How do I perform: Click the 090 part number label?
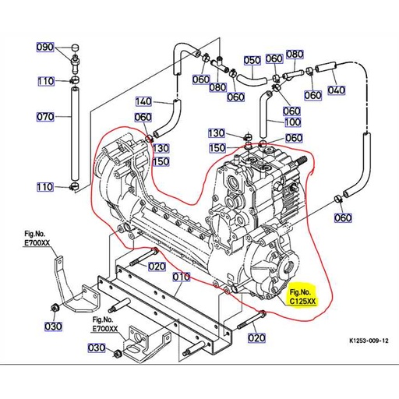coord(45,48)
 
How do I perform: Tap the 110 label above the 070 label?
coord(45,81)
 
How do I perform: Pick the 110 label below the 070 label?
coord(45,187)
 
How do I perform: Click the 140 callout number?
coord(144,101)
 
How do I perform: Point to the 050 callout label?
coord(252,60)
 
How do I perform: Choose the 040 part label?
coord(336,90)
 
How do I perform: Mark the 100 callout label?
coord(293,123)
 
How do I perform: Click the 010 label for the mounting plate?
coord(181,277)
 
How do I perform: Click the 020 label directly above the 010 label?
coord(157,266)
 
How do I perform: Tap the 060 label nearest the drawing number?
coord(343,217)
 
